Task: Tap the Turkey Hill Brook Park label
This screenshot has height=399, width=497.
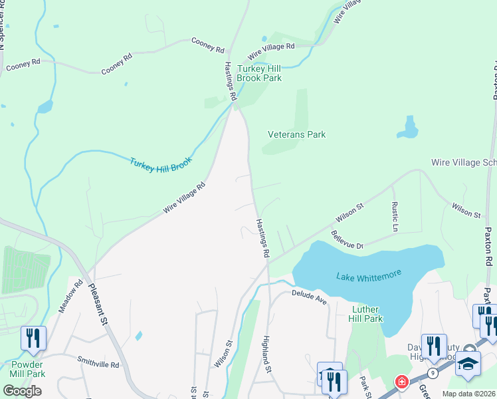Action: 260,73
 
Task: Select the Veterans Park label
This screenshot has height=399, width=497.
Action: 296,134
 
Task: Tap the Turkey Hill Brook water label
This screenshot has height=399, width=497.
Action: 161,162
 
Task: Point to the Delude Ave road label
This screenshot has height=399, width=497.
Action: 310,297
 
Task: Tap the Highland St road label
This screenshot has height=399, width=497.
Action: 268,353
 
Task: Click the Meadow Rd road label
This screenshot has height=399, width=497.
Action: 70,296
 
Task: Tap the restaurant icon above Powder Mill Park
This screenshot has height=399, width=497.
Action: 32,338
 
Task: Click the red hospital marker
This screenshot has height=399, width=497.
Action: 401,382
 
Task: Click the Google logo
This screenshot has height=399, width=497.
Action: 23,390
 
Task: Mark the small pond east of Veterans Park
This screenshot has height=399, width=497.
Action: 409,128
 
